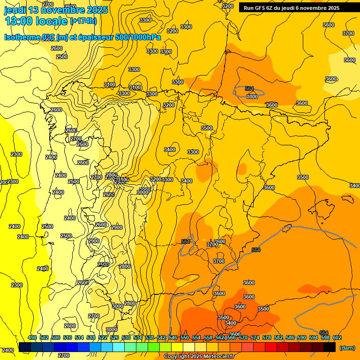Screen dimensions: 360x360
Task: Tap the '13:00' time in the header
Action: pyautogui.click(x=19, y=21)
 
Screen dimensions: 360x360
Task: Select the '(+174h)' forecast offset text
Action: pyautogui.click(x=83, y=21)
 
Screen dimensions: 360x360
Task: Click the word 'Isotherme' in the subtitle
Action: pyautogui.click(x=22, y=37)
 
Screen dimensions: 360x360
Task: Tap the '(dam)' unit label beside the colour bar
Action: pyautogui.click(x=347, y=347)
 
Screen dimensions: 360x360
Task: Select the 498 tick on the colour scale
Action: pyautogui.click(x=32, y=337)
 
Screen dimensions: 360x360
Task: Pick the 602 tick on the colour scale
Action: pyautogui.click(x=337, y=337)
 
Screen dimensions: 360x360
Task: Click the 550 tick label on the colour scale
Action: pyautogui.click(x=185, y=337)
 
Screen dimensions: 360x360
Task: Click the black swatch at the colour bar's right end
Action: pyautogui.click(x=330, y=347)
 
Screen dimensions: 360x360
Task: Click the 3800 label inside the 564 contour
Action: pyautogui.click(x=252, y=97)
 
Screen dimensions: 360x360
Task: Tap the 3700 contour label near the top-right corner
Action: pyautogui.click(x=348, y=33)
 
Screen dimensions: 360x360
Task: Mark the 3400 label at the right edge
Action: pyautogui.click(x=354, y=186)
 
